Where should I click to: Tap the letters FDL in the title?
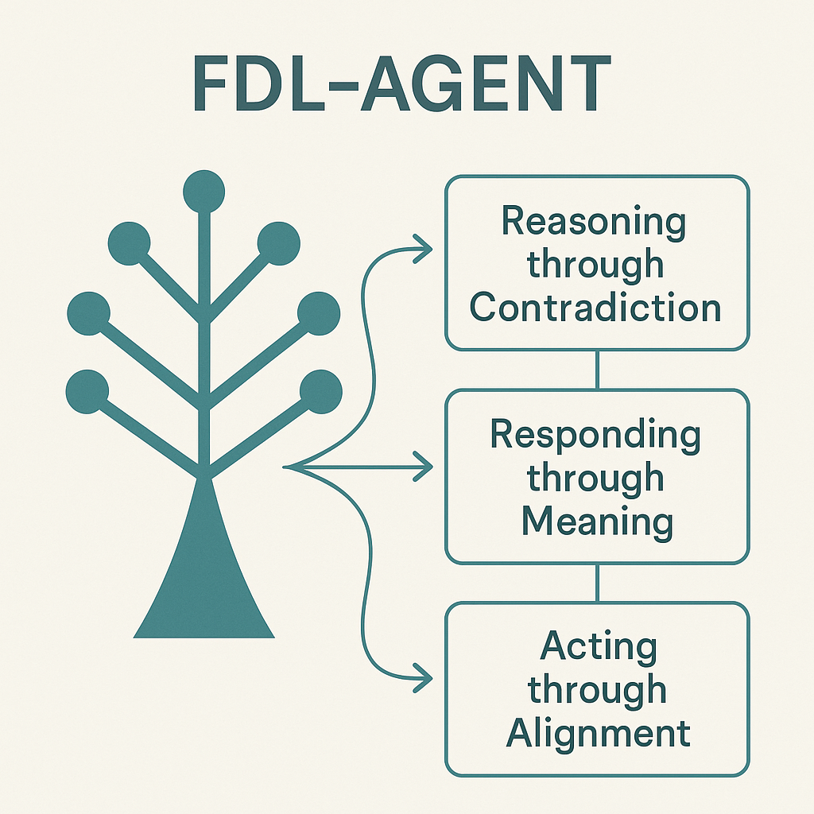point(266,83)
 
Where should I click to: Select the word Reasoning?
point(593,221)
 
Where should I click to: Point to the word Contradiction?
point(595,307)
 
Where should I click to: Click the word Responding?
point(595,435)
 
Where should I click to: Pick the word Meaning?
point(597,521)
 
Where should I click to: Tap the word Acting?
point(599,647)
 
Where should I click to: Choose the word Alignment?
point(599,733)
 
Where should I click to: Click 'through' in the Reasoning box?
point(595,264)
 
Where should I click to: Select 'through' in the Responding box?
point(595,478)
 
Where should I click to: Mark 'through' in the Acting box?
point(598,690)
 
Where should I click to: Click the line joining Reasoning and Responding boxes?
point(597,370)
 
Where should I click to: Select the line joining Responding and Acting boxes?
point(597,583)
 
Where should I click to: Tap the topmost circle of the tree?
point(204,190)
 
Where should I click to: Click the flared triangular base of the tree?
point(204,580)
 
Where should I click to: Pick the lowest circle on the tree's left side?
point(87,391)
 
